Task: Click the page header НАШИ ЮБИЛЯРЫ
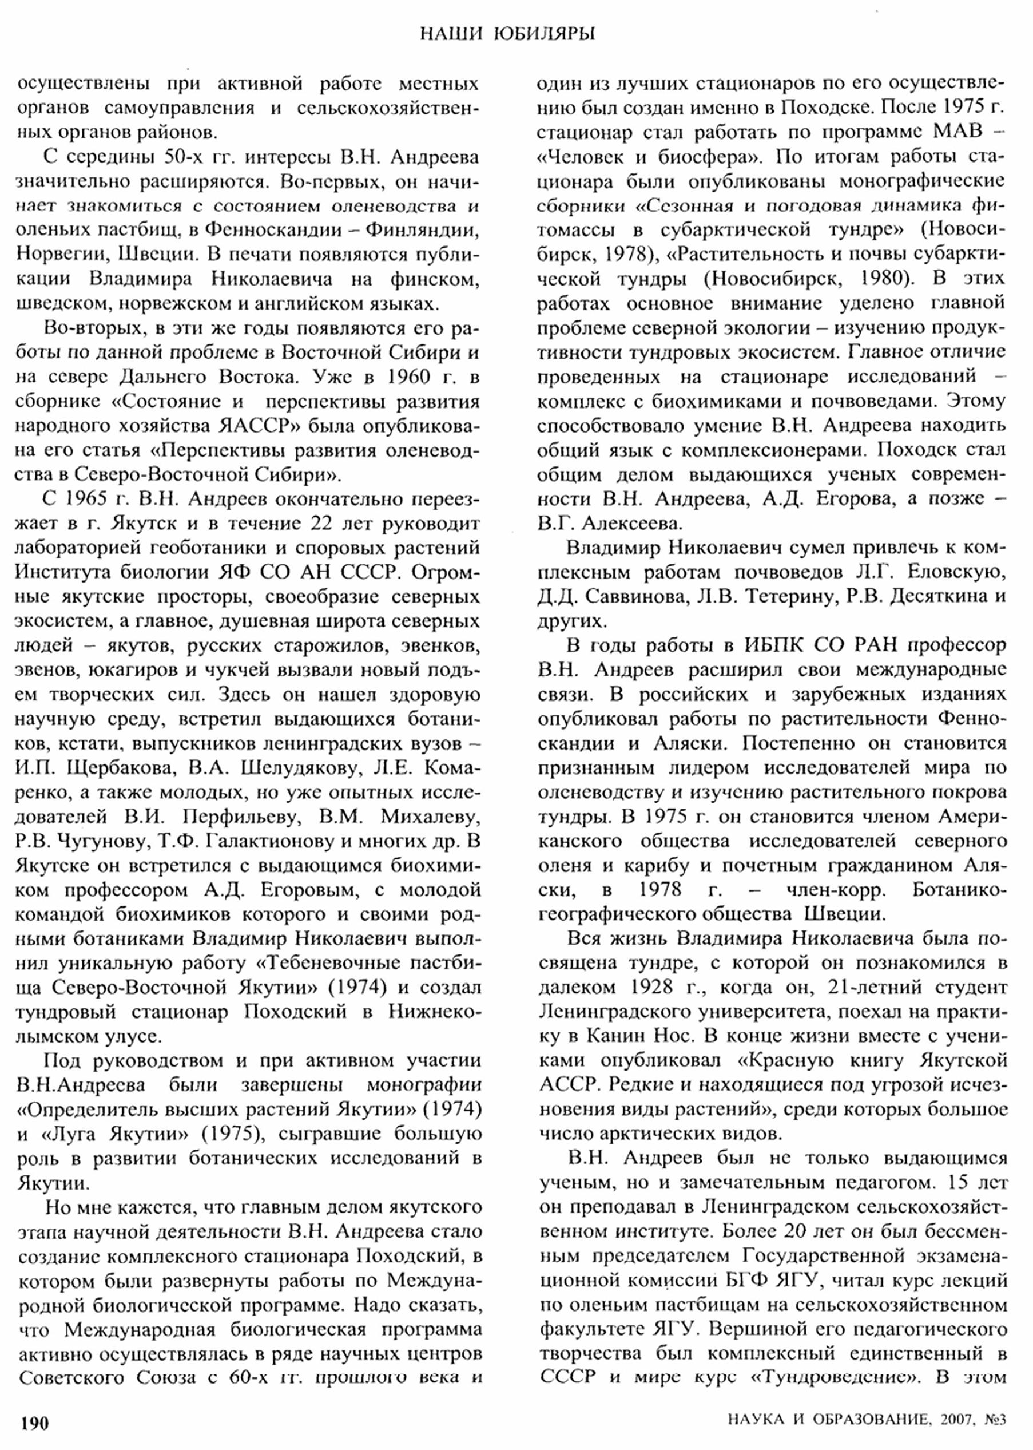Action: click(507, 34)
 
